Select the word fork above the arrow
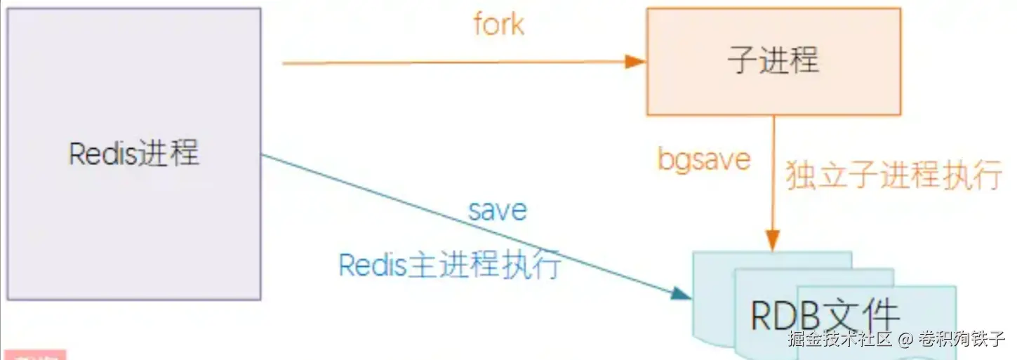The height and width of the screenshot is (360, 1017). tap(498, 25)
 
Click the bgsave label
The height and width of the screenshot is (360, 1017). tap(704, 159)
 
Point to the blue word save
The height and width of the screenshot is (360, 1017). tap(498, 210)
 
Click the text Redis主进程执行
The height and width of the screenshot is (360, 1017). tap(449, 265)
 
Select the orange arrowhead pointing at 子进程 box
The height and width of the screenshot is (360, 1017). tap(636, 62)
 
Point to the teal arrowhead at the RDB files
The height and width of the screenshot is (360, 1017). tap(681, 294)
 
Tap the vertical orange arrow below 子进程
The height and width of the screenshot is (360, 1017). tap(773, 175)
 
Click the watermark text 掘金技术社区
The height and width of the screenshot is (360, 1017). tap(839, 340)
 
